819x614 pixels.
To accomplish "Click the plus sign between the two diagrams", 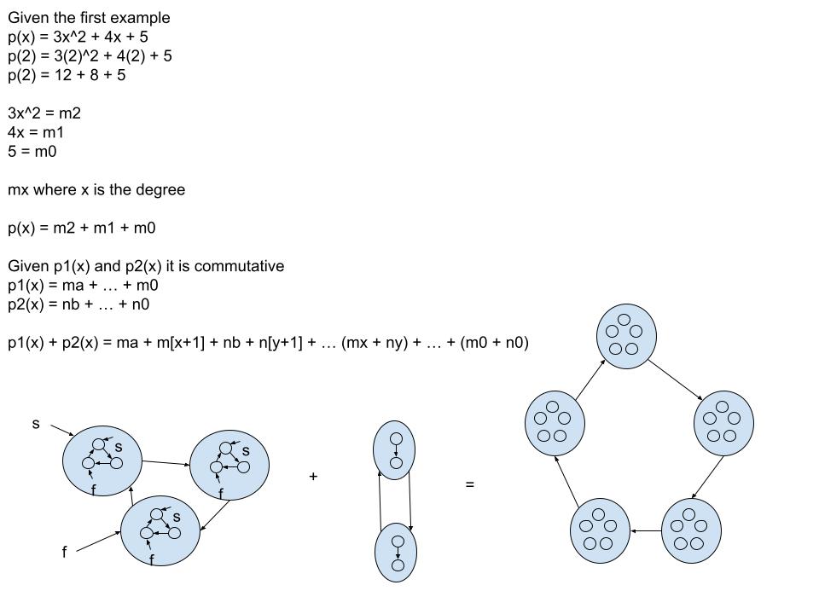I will pos(313,478).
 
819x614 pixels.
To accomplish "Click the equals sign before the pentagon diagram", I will pos(469,484).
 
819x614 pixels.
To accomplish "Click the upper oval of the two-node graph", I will pos(394,450).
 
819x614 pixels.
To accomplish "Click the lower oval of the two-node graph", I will pos(395,552).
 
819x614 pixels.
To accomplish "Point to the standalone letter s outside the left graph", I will pos(36,423).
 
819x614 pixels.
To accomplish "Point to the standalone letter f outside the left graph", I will pos(64,553).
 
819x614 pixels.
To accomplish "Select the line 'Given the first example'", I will pos(89,18).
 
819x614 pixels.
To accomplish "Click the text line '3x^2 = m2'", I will pos(44,113).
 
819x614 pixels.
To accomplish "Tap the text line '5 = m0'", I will pos(32,152).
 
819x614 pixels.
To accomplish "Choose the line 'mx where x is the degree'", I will pos(96,189).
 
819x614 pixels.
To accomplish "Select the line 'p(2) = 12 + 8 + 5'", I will pos(67,75).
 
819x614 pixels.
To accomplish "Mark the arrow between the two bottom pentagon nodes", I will pos(645,531).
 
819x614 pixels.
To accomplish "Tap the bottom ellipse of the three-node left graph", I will pos(160,530).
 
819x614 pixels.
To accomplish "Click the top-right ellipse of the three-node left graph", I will pos(228,465).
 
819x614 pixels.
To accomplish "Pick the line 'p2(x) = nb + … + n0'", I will pos(79,304).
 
